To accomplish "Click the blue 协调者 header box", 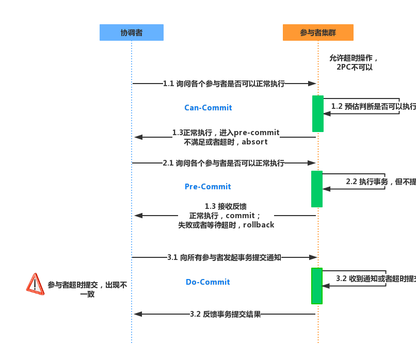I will click(132, 32).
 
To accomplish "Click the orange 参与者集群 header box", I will click(318, 32).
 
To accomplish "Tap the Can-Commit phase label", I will click(208, 108).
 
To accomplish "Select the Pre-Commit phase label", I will click(208, 187).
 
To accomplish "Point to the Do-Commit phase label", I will click(208, 282).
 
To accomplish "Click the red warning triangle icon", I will click(35, 284).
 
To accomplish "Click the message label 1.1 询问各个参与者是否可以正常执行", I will click(224, 84).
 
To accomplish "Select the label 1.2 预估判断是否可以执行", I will click(373, 106).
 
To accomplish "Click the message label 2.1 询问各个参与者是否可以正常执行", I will click(224, 163).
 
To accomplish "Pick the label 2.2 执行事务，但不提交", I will click(380, 182).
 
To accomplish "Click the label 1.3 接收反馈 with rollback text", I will click(226, 216).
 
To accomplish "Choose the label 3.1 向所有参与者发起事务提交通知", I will click(224, 257).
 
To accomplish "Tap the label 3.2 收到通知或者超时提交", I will click(376, 279).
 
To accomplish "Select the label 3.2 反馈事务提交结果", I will click(225, 314).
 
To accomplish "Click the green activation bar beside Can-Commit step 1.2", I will click(318, 113).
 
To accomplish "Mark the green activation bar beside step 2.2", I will click(317, 189).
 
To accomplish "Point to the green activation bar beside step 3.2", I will click(317, 286).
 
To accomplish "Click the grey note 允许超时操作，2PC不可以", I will click(354, 62).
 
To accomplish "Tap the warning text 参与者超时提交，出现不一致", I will click(87, 289).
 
